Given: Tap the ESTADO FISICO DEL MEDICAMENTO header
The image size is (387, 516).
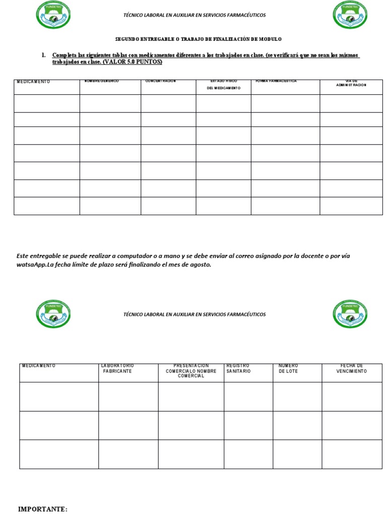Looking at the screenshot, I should tap(223, 84).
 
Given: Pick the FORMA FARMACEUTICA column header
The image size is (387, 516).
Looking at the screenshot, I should tap(276, 81).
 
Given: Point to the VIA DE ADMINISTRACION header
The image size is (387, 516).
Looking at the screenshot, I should tap(351, 83).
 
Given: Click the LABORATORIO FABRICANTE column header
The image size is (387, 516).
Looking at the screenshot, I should tap(117, 368).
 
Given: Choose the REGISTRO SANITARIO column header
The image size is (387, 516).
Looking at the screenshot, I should tap(238, 368).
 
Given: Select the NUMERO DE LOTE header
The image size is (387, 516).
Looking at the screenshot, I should tap(289, 368).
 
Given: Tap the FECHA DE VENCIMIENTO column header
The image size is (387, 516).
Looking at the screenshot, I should tap(351, 368).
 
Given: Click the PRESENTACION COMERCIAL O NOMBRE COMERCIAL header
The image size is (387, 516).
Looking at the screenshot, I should tap(191, 370).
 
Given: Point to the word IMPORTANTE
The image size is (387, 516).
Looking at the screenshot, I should tap(43, 509).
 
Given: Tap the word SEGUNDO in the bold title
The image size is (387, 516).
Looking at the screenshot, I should tap(126, 39).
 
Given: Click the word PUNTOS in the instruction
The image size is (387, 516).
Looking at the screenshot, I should tap(150, 61).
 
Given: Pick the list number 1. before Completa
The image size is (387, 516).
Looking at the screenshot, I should tap(44, 55).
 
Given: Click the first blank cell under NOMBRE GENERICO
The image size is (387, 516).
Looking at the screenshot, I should tap(110, 103).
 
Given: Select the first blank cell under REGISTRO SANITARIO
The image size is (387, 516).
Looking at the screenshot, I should tap(248, 396).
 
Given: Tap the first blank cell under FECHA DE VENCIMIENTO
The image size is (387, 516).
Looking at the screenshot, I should tap(352, 396).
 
